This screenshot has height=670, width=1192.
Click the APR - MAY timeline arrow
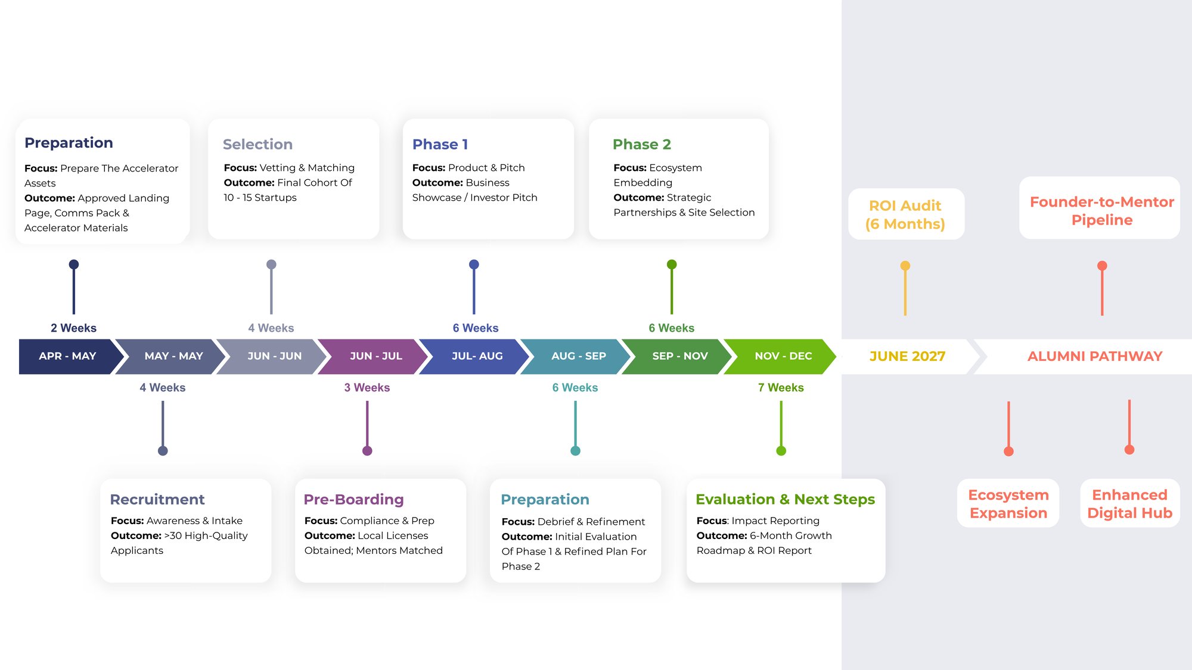tap(67, 356)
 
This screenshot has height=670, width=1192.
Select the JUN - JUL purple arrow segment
tap(376, 356)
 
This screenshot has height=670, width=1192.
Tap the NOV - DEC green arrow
tap(783, 356)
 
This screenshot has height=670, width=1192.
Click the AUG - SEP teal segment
tap(578, 356)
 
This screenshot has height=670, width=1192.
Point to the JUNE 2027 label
tap(907, 356)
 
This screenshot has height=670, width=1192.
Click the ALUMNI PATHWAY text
tap(1094, 356)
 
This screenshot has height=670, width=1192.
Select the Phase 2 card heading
tap(641, 144)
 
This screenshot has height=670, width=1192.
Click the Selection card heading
tap(257, 144)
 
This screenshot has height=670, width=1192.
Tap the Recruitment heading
tap(157, 499)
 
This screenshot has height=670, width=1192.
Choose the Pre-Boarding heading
tap(353, 499)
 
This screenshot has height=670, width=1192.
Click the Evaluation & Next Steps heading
tap(785, 499)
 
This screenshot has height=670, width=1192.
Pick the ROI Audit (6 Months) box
tap(905, 214)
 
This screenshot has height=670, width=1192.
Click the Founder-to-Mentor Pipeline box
tap(1101, 210)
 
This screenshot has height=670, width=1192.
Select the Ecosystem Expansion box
tap(1008, 504)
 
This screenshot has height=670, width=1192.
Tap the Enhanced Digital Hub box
tap(1129, 504)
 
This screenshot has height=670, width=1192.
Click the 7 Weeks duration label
tap(781, 388)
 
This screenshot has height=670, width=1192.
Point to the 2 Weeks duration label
tap(73, 328)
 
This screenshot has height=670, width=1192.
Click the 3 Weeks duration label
tap(367, 388)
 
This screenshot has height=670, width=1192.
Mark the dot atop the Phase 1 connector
tap(474, 264)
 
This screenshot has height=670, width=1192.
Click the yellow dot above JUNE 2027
tap(905, 266)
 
